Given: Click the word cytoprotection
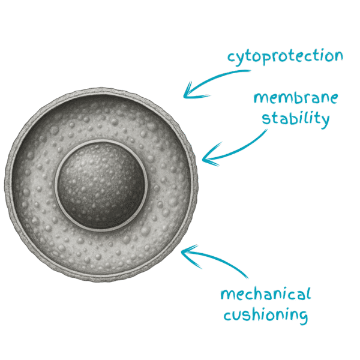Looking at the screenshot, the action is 285,56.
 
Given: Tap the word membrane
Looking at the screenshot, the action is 296,98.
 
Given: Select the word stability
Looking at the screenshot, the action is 296,119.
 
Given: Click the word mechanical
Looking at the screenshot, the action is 266,293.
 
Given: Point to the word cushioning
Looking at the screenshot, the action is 266,314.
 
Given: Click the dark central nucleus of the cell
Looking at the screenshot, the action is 101,185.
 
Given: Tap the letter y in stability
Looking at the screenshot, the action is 325,121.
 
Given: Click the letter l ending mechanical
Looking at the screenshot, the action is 308,293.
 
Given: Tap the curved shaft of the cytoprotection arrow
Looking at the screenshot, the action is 218,78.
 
